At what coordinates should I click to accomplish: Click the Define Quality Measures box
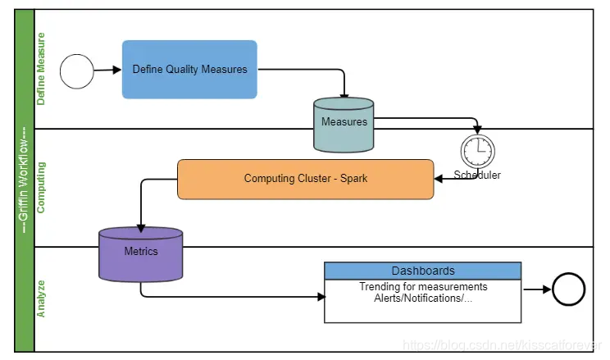pos(189,70)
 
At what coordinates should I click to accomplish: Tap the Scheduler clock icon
pos(477,151)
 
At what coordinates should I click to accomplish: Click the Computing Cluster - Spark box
pos(305,179)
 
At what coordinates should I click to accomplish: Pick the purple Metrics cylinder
pos(141,254)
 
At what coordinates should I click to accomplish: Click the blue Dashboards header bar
pos(422,271)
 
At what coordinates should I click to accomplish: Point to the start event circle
pos(76,71)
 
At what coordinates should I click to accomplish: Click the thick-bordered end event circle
pos(568,289)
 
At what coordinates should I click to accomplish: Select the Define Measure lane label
pos(42,70)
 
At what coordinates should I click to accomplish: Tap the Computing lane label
pos(42,187)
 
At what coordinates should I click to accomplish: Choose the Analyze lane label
pos(42,298)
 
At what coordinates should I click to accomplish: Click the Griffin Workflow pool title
pos(24,180)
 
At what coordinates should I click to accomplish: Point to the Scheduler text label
pos(477,175)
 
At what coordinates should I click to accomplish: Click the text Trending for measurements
pos(423,287)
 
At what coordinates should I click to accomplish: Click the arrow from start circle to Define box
pos(107,71)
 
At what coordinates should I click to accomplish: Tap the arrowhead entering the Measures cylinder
pos(344,94)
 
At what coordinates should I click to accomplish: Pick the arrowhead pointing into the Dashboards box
pos(320,296)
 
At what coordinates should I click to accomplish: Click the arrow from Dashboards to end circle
pos(536,289)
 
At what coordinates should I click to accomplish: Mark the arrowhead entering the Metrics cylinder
pos(141,226)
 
